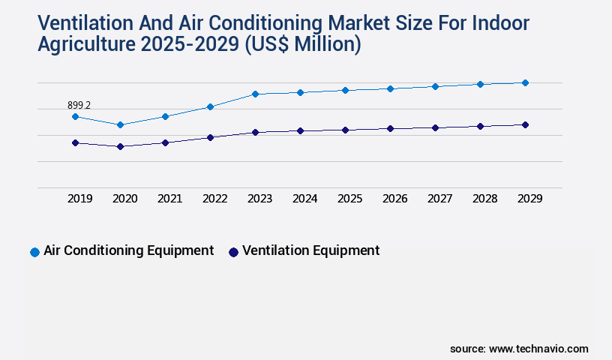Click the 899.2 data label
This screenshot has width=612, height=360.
click(x=79, y=106)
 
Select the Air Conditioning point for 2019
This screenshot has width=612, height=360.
click(x=75, y=116)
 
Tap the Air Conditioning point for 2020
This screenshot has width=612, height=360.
click(x=120, y=124)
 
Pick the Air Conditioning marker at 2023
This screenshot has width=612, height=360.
click(x=255, y=94)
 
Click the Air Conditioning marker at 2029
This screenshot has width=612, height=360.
click(x=525, y=82)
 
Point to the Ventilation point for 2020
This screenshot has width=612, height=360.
click(x=120, y=146)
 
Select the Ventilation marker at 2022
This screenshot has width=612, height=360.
click(x=210, y=137)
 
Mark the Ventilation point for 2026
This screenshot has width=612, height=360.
click(x=390, y=128)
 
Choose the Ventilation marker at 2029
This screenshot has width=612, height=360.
click(x=525, y=124)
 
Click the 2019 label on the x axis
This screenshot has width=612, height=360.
click(x=79, y=199)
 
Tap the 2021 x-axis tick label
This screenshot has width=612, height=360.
click(x=169, y=199)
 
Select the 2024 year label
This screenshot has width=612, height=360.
click(x=304, y=199)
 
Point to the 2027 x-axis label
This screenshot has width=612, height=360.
click(x=439, y=199)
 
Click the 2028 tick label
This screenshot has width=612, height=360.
click(x=484, y=199)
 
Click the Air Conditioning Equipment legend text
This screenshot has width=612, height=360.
click(x=128, y=250)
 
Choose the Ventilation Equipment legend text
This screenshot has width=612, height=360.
click(x=310, y=250)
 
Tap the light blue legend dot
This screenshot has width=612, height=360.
click(x=34, y=252)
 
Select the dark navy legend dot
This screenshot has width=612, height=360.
click(x=233, y=252)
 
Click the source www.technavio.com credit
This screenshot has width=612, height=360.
click(x=519, y=349)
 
